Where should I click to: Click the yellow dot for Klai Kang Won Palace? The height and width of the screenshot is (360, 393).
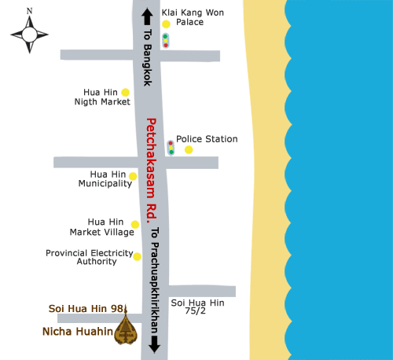(x=166, y=24)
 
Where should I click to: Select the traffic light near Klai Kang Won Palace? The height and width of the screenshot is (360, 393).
(x=165, y=41)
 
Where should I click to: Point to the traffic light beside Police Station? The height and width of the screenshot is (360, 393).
(x=171, y=147)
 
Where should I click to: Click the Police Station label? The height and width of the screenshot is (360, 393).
(x=207, y=139)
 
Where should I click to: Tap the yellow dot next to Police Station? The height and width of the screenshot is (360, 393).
(x=189, y=149)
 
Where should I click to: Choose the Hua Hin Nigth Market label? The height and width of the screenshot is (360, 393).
(x=102, y=97)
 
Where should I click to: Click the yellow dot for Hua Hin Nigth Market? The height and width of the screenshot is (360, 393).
(x=125, y=92)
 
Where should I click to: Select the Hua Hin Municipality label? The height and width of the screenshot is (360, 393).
(x=105, y=178)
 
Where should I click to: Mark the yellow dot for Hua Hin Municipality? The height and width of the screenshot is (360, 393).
(x=133, y=176)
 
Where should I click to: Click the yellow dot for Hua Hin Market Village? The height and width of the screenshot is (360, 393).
(x=135, y=224)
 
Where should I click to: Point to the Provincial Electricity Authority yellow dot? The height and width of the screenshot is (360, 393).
(x=137, y=256)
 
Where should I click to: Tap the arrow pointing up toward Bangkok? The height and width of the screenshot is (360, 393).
(x=146, y=19)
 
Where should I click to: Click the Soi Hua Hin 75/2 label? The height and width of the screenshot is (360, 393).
(x=198, y=307)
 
